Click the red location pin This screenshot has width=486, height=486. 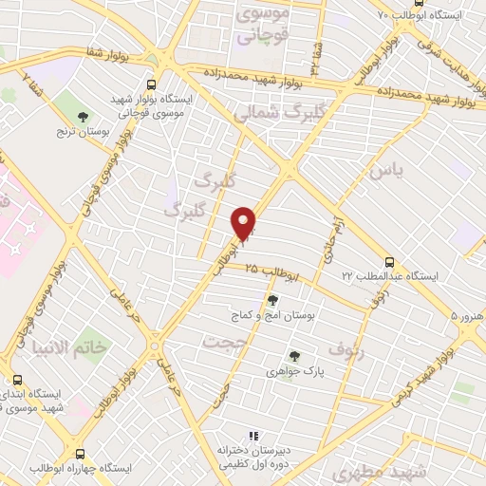pyautogui.click(x=245, y=223)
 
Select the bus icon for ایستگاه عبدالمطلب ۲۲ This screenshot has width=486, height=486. pyautogui.click(x=389, y=262)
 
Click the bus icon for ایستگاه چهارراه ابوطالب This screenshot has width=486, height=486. pyautogui.click(x=80, y=455)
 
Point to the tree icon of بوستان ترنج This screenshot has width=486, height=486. pyautogui.click(x=84, y=117)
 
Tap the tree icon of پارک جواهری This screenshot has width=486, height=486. pyautogui.click(x=295, y=357)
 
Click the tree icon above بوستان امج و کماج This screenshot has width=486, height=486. pyautogui.click(x=272, y=299)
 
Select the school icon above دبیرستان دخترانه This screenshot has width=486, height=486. pyautogui.click(x=252, y=434)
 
